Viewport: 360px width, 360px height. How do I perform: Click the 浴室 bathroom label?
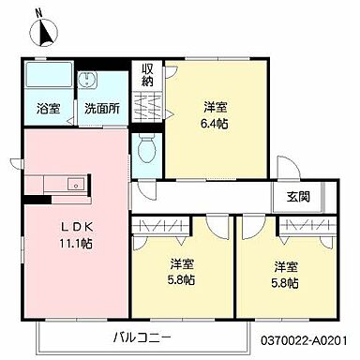tap(49, 108)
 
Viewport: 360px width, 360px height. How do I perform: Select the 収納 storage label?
tap(148, 75)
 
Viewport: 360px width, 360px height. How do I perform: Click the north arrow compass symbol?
tap(44, 33)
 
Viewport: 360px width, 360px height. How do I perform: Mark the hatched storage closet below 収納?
tap(147, 109)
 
